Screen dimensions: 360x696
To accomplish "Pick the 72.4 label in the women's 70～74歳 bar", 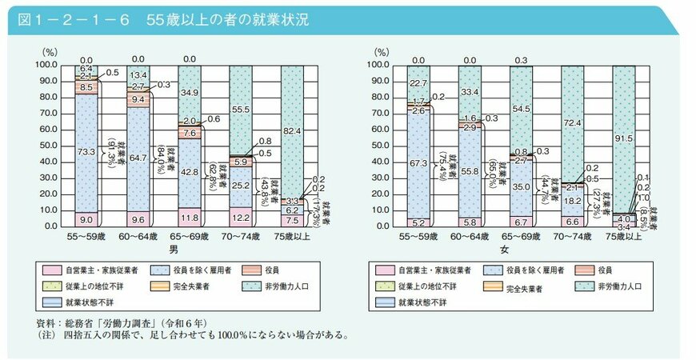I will (x=574, y=124).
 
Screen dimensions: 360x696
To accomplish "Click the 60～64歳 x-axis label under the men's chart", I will (x=138, y=238).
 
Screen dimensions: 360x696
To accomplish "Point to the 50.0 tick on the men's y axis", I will (x=45, y=146).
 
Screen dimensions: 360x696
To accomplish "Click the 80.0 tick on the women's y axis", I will (x=378, y=97).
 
